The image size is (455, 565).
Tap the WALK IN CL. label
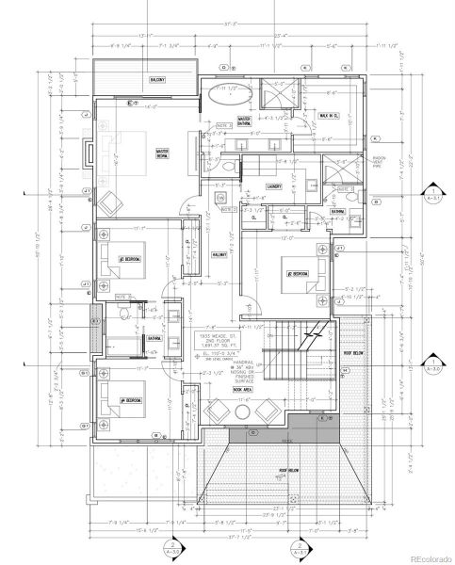point(330,115)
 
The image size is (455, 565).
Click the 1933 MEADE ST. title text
point(213,335)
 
